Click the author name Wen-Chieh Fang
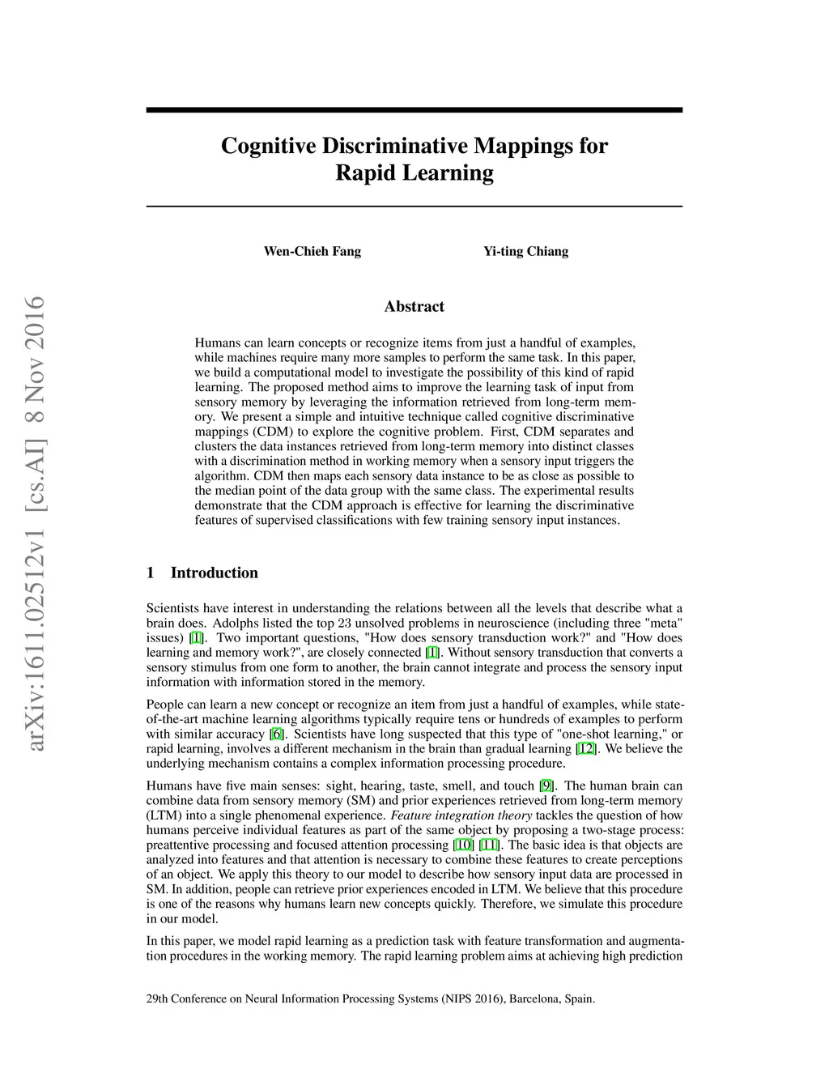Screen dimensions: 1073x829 tap(312, 251)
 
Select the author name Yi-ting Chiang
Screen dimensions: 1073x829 tap(525, 251)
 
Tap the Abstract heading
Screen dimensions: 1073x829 tap(414, 306)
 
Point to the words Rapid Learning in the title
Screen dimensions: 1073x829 tap(414, 173)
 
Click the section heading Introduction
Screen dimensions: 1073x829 tap(214, 573)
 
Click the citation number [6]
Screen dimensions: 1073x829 tap(277, 734)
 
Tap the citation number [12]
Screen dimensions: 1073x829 tap(586, 749)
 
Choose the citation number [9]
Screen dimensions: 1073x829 tap(546, 786)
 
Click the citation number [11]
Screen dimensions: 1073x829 tap(488, 845)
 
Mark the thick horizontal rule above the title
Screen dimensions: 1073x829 tap(414, 110)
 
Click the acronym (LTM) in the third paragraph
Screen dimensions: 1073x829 tap(162, 815)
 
